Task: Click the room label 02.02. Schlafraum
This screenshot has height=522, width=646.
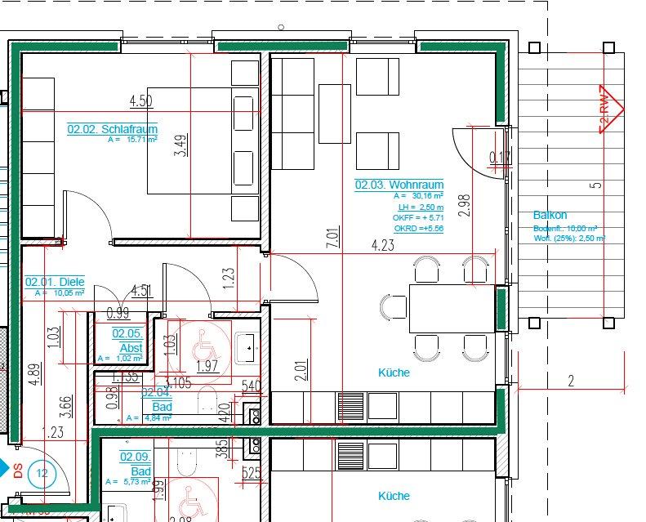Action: click(112, 129)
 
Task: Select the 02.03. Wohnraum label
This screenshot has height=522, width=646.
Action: click(399, 185)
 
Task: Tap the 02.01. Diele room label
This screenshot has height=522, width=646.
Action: click(55, 282)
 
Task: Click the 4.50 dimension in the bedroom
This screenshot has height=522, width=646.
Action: click(141, 101)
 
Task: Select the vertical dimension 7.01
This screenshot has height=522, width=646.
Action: click(332, 238)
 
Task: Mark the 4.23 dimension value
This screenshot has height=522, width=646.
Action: click(383, 245)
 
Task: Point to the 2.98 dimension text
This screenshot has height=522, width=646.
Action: click(465, 204)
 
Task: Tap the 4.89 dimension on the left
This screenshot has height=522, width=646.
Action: click(32, 373)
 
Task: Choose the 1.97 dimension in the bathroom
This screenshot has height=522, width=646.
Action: click(207, 365)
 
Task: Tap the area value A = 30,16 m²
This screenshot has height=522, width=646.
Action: click(418, 197)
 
